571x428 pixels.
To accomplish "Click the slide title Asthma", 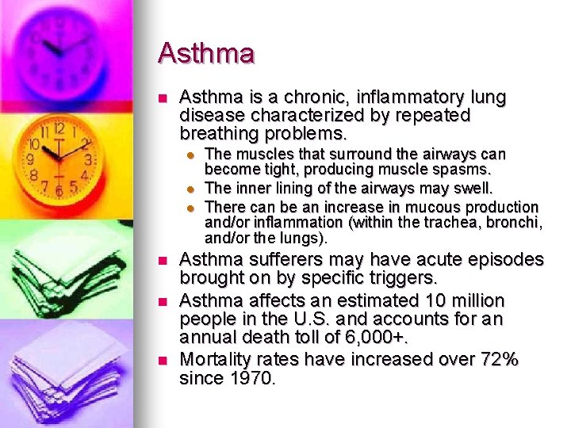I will coord(206,54).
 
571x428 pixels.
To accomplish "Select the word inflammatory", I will coord(403,97).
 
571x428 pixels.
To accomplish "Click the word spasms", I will coord(469,169).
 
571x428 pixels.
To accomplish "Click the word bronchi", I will coord(512,223).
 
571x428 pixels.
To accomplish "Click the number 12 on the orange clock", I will coord(58,129).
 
